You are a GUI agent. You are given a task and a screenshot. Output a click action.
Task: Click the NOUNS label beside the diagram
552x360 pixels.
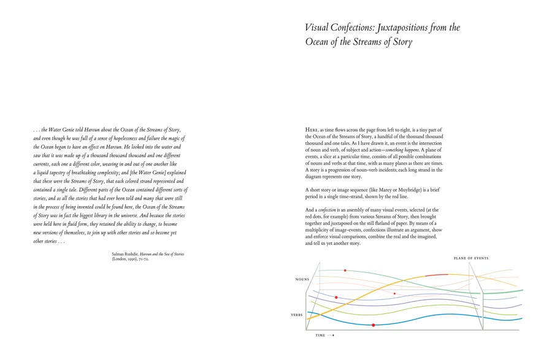[x=302, y=279]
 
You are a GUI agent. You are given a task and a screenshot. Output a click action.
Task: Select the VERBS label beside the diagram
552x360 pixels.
[x=297, y=315]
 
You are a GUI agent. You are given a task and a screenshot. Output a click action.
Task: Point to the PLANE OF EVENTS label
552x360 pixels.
[x=471, y=258]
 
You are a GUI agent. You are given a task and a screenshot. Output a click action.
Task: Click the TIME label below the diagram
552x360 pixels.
[x=320, y=335]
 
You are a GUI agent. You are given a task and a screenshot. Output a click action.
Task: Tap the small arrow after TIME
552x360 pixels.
[x=331, y=335]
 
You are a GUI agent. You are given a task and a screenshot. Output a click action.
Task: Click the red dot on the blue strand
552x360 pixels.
[x=373, y=325]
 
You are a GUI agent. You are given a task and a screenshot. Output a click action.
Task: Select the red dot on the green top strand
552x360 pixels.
[x=345, y=270]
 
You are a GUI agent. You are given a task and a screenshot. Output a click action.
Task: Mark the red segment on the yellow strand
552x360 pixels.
[x=437, y=275]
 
